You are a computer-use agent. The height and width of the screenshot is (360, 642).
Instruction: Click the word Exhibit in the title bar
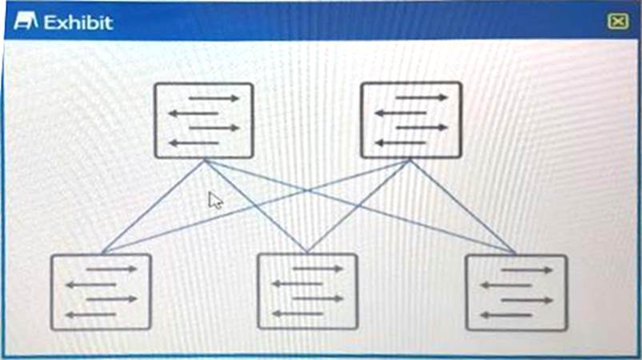tap(78, 22)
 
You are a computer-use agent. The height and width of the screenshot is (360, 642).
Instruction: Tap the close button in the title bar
tap(617, 22)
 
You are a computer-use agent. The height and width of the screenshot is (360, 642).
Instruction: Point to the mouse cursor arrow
tap(214, 200)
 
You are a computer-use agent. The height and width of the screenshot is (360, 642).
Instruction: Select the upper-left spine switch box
tap(204, 120)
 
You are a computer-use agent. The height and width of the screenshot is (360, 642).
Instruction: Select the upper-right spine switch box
tap(411, 120)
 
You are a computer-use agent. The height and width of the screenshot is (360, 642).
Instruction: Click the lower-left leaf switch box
tap(101, 292)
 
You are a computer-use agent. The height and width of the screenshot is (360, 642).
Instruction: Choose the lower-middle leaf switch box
tap(307, 291)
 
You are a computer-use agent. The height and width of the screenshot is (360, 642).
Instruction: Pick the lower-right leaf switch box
tap(516, 292)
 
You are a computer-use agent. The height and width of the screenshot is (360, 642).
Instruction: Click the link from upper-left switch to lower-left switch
tap(152, 206)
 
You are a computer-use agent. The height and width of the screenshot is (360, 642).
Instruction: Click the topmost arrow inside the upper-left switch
tap(213, 98)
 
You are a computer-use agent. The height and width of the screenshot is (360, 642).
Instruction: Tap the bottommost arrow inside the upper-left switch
tap(194, 143)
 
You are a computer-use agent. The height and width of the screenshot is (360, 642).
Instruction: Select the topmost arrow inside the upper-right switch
tap(421, 98)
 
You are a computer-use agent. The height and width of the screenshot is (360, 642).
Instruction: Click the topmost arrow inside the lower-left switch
tap(111, 270)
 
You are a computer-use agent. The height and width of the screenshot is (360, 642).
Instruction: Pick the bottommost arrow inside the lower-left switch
tap(90, 314)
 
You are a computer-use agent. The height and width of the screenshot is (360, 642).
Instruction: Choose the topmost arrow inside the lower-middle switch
tap(317, 269)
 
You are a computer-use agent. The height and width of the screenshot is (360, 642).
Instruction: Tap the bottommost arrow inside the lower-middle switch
tap(297, 314)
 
